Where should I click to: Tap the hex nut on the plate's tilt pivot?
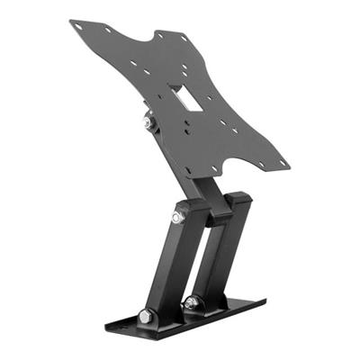(x=147, y=121)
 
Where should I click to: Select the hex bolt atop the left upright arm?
(x=178, y=217)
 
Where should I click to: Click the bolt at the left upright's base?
(x=146, y=316)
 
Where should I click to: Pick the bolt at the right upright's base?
(x=191, y=303)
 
